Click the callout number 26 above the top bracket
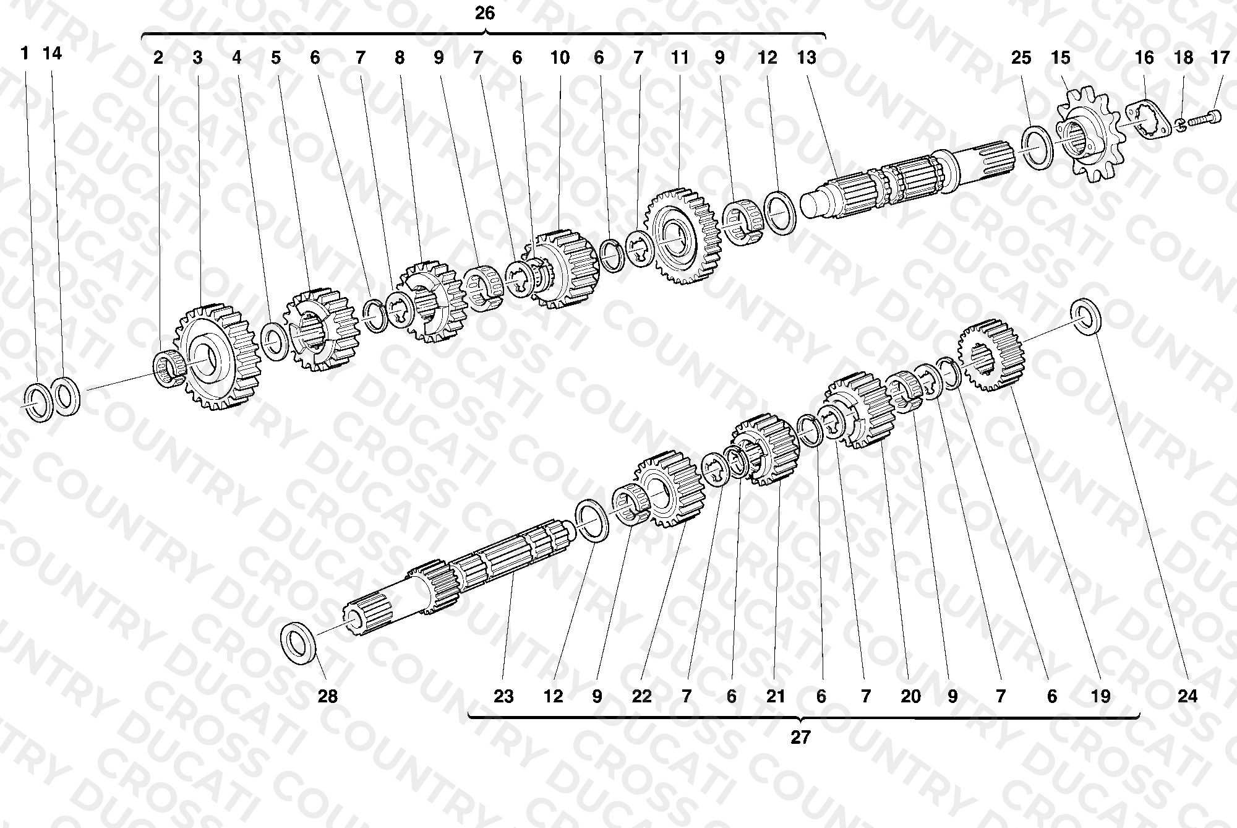(485, 13)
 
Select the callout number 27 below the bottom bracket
(800, 738)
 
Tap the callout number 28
(328, 696)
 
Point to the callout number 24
(1187, 696)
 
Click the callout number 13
(807, 58)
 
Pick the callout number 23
(503, 696)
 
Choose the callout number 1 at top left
(25, 53)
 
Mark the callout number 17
(1220, 58)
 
